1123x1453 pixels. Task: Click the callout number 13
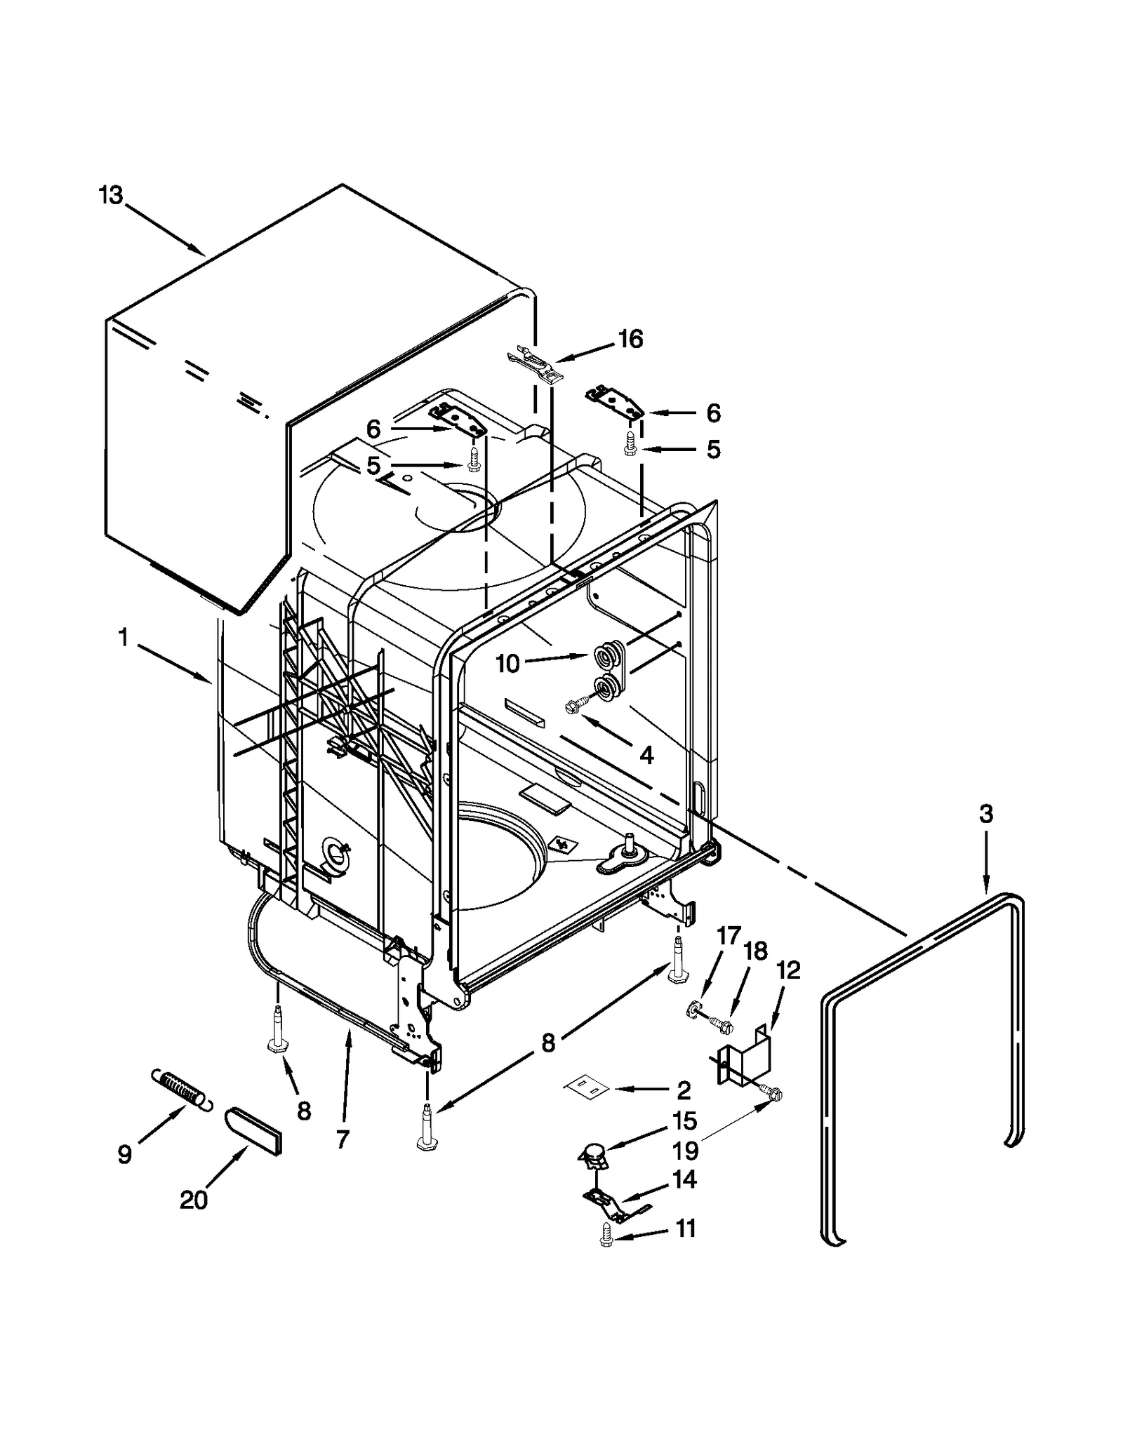tap(111, 195)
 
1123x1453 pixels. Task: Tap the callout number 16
tap(630, 339)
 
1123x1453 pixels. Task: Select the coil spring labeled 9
tap(180, 1089)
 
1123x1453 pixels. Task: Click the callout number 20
tap(194, 1200)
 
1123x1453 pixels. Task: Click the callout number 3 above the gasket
tap(985, 814)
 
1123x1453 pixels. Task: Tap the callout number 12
tap(788, 970)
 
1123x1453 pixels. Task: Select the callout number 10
tap(507, 663)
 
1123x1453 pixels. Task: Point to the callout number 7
tap(342, 1140)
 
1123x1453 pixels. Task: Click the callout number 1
tap(124, 638)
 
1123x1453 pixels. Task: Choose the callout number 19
tap(686, 1151)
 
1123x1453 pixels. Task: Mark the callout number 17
tap(729, 935)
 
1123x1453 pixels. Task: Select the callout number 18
tap(755, 951)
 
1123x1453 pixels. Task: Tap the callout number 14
tap(684, 1180)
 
